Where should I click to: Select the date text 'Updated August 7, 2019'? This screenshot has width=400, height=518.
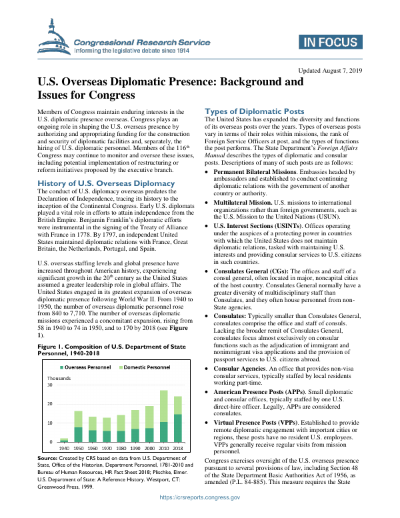(x=331, y=70)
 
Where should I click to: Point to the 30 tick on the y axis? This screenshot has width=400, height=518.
(x=49, y=385)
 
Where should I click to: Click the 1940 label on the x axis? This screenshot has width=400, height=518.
(x=64, y=449)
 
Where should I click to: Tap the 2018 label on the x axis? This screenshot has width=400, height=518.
(x=178, y=449)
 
